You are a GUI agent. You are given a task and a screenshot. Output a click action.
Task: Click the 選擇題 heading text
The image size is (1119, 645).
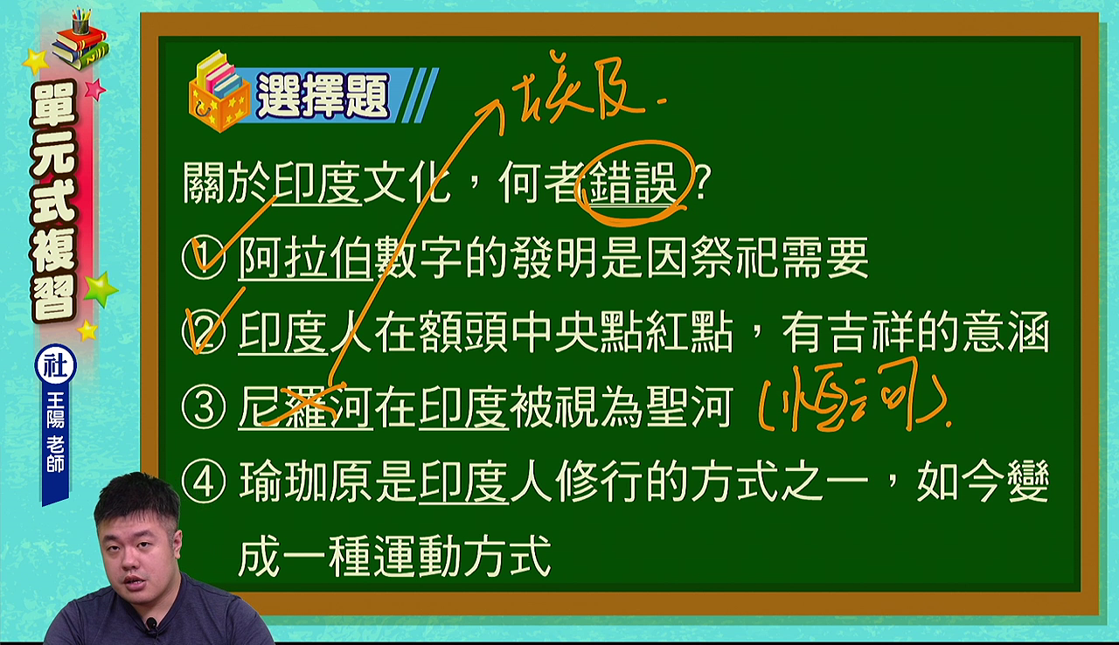pyautogui.click(x=323, y=95)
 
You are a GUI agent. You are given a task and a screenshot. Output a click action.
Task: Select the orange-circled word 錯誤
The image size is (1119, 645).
pyautogui.click(x=632, y=184)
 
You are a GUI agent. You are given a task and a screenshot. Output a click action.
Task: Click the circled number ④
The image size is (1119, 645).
pyautogui.click(x=204, y=482)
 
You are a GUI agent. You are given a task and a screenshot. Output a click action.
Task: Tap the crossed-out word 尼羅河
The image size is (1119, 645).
pyautogui.click(x=305, y=407)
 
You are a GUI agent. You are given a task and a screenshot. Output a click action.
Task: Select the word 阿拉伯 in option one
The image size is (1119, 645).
pyautogui.click(x=305, y=258)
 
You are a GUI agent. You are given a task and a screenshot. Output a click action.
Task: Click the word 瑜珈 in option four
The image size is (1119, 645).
pyautogui.click(x=283, y=482)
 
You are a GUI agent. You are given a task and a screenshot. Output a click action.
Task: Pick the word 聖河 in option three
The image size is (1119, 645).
pyautogui.click(x=690, y=407)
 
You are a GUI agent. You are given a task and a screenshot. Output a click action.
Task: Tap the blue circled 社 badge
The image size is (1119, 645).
pyautogui.click(x=56, y=365)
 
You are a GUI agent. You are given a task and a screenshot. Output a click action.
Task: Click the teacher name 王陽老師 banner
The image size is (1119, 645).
pyautogui.click(x=55, y=432)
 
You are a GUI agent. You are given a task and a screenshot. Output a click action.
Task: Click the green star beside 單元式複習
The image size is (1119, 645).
pyautogui.click(x=101, y=289)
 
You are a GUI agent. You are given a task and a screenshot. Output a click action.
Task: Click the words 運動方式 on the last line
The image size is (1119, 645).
pyautogui.click(x=462, y=556)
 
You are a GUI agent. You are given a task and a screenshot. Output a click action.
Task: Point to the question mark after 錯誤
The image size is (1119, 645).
pyautogui.click(x=702, y=184)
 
